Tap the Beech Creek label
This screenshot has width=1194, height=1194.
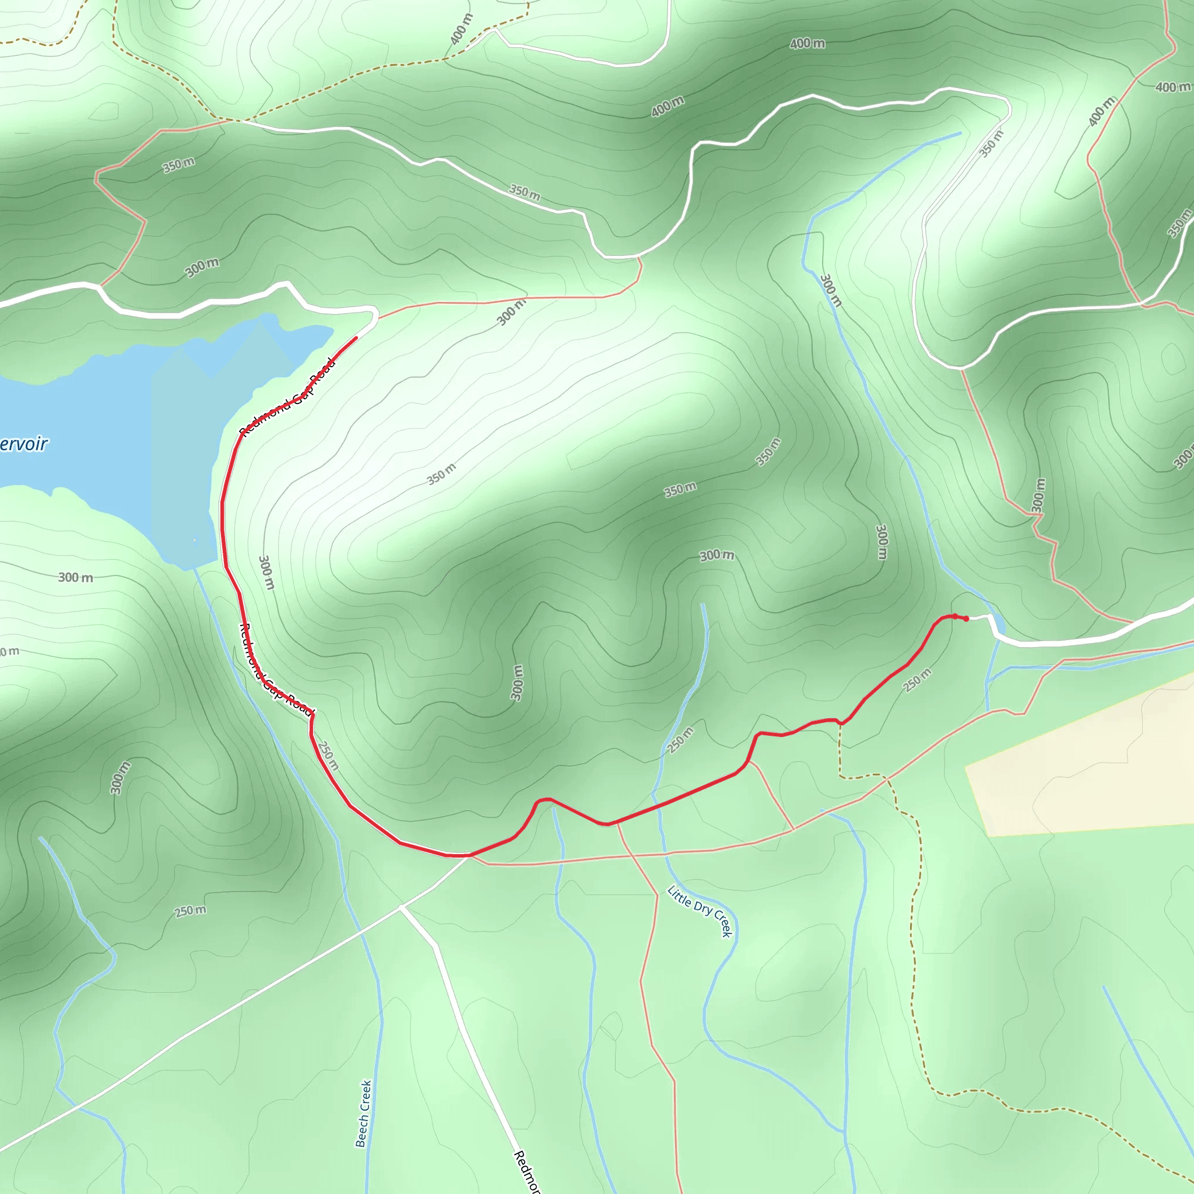click(x=364, y=1113)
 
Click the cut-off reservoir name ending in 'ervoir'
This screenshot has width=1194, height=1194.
click(x=23, y=444)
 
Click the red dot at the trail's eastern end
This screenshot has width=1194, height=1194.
click(x=966, y=619)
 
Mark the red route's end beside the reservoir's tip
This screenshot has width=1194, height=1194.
click(x=356, y=338)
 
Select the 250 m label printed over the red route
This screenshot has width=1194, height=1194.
click(x=329, y=755)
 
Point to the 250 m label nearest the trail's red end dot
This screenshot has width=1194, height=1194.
click(x=917, y=680)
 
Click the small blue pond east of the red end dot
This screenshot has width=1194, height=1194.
click(x=998, y=623)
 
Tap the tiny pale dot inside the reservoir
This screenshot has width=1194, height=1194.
click(x=194, y=540)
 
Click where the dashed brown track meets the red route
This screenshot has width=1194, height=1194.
click(x=840, y=722)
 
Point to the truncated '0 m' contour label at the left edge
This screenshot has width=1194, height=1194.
click(x=9, y=651)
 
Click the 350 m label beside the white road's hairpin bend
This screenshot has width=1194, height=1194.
click(x=991, y=143)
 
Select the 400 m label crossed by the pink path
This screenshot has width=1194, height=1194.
click(x=1101, y=111)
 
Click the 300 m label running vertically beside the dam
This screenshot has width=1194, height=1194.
click(x=265, y=573)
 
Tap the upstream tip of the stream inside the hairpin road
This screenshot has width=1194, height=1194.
click(x=960, y=133)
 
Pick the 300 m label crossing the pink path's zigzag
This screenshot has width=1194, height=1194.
click(x=1038, y=495)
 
